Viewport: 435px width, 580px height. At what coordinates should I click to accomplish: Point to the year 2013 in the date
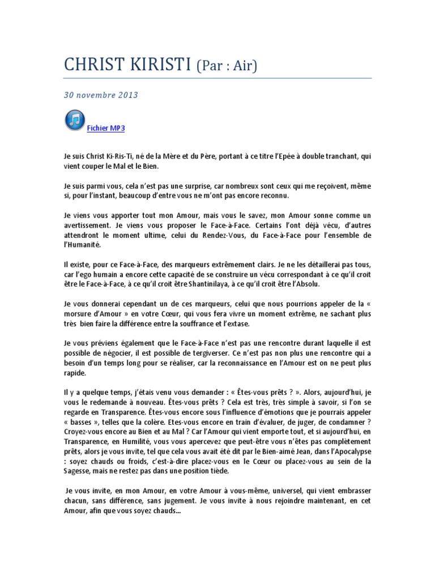click(127, 95)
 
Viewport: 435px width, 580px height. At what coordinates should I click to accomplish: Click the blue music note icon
click(74, 120)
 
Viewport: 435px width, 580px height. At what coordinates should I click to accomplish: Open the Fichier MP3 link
click(105, 128)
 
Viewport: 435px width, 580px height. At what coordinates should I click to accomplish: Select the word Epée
click(276, 156)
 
